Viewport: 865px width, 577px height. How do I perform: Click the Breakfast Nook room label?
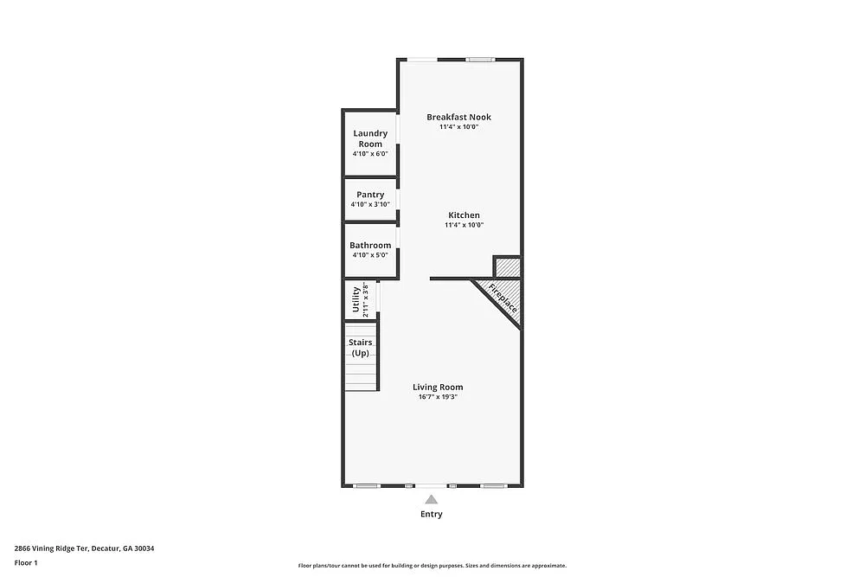click(458, 117)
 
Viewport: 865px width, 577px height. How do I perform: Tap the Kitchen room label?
click(464, 215)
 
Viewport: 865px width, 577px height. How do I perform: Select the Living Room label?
click(437, 387)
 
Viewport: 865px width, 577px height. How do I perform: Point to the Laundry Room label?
click(370, 138)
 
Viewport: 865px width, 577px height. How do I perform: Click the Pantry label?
click(370, 195)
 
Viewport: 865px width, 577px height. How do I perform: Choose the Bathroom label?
click(370, 245)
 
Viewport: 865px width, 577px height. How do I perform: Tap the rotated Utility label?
click(356, 300)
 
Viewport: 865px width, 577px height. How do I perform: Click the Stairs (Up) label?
click(361, 348)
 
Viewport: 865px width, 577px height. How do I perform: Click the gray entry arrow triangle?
click(432, 499)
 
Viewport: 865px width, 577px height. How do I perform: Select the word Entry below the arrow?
click(432, 514)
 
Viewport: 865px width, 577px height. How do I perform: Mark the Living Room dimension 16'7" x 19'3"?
click(437, 397)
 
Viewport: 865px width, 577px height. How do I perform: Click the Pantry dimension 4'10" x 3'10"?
click(370, 205)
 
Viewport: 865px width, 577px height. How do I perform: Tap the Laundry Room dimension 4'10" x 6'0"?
click(370, 154)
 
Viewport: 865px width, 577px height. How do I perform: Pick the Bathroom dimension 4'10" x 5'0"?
click(370, 255)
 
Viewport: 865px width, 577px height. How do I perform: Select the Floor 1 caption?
click(26, 562)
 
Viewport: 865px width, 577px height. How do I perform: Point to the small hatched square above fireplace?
click(507, 266)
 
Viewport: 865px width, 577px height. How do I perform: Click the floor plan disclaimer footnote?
click(432, 565)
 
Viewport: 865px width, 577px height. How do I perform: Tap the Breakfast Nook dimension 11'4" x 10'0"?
click(458, 127)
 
